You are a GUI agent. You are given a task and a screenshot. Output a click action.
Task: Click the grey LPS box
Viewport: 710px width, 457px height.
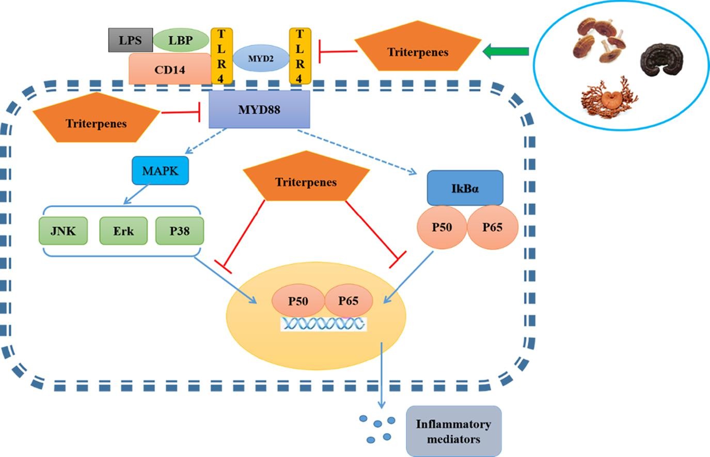click(130, 40)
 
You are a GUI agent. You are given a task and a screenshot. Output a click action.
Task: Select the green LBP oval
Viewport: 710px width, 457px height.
click(180, 40)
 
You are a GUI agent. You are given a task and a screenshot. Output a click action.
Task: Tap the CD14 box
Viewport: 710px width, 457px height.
click(169, 69)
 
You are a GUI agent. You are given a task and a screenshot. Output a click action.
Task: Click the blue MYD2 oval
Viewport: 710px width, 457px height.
click(261, 58)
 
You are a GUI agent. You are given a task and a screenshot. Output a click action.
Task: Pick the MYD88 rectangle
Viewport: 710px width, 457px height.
click(259, 109)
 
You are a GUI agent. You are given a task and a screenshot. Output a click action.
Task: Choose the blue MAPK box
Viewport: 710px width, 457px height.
click(160, 171)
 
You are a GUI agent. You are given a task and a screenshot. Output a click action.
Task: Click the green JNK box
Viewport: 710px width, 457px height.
click(63, 231)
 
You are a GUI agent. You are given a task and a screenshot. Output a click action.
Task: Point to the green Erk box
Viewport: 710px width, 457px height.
click(123, 231)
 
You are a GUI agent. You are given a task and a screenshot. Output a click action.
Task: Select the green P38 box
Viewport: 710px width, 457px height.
click(180, 231)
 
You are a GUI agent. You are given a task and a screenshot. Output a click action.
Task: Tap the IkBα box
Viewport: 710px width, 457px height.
click(465, 188)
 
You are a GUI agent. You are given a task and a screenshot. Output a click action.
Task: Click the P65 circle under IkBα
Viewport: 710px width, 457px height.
click(492, 227)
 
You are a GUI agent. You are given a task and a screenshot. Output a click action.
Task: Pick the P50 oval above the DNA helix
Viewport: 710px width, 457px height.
click(298, 301)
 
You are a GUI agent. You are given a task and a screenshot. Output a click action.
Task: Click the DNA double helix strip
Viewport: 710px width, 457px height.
click(323, 324)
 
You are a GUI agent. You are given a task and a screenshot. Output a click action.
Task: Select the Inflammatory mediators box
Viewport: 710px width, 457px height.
click(453, 431)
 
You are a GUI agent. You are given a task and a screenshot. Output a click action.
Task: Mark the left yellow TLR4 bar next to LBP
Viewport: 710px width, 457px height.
click(222, 56)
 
